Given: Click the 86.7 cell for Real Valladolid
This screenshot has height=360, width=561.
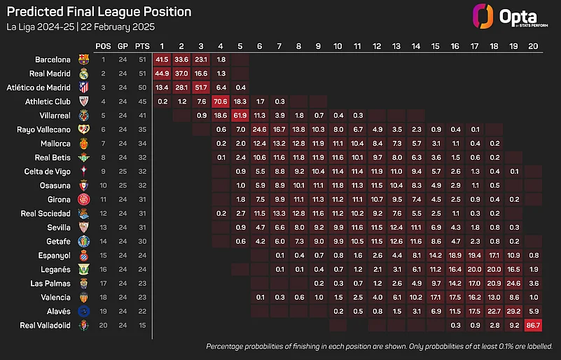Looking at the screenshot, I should pyautogui.click(x=533, y=325).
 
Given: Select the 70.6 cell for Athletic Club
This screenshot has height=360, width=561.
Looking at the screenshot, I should pyautogui.click(x=221, y=101).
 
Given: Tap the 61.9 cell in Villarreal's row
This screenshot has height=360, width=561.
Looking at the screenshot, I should pyautogui.click(x=240, y=115).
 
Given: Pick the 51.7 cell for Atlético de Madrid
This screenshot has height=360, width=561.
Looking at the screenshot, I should pyautogui.click(x=202, y=87).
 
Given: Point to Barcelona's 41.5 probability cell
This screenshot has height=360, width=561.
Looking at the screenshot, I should pyautogui.click(x=162, y=59).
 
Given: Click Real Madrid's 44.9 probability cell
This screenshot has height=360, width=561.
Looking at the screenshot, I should pyautogui.click(x=162, y=73).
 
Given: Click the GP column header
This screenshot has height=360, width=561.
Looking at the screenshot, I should pyautogui.click(x=123, y=46).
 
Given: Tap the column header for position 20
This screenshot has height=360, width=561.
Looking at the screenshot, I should pyautogui.click(x=533, y=46).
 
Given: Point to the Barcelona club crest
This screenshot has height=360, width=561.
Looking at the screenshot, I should pyautogui.click(x=84, y=60).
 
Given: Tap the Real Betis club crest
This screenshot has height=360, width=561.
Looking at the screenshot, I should pyautogui.click(x=84, y=158).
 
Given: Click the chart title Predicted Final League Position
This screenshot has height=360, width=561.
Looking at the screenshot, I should pyautogui.click(x=98, y=12).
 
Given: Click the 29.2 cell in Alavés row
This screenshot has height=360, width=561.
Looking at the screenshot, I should pyautogui.click(x=513, y=311).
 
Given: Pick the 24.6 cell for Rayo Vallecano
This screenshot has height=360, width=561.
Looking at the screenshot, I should pyautogui.click(x=260, y=130).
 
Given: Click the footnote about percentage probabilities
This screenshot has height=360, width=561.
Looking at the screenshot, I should pyautogui.click(x=379, y=347).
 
